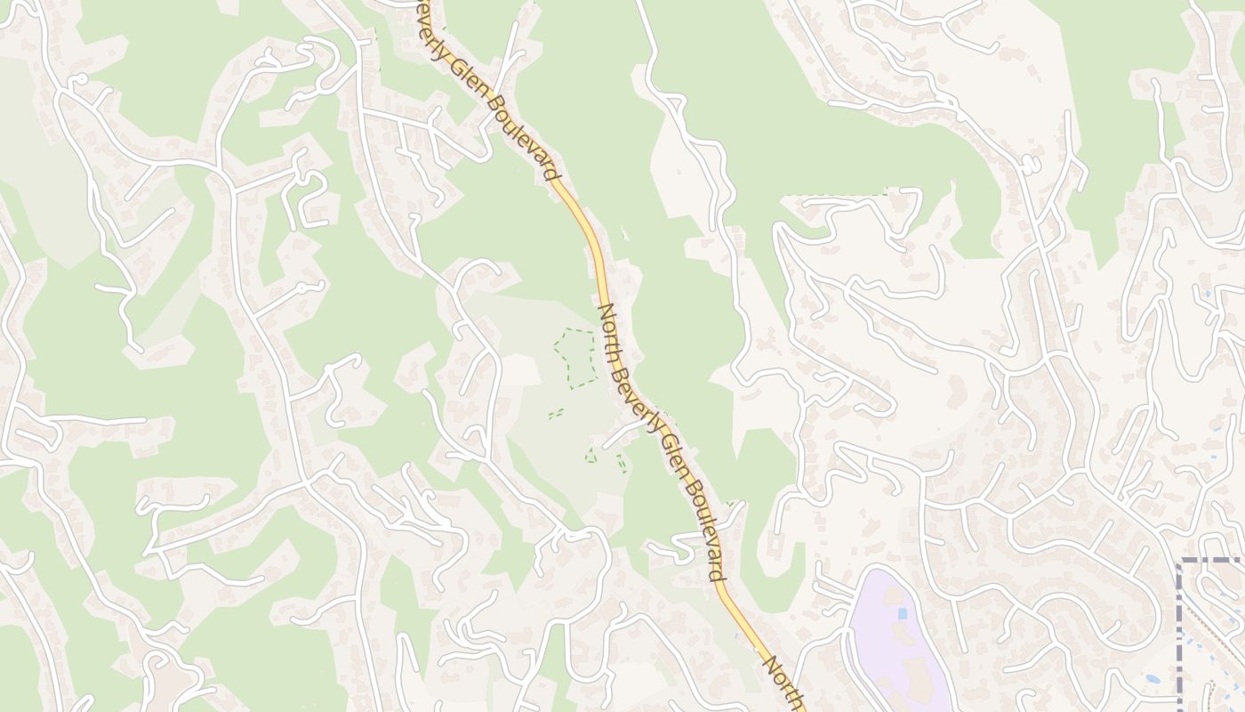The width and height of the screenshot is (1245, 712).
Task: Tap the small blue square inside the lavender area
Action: [x=903, y=613]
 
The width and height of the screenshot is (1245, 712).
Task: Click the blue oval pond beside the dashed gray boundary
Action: [x=1153, y=679]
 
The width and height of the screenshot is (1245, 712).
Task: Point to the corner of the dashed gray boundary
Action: [x=1180, y=562]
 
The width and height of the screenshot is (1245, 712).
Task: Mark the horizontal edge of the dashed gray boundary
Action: [x=1214, y=561]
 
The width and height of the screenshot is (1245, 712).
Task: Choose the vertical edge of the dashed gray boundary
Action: [x=1180, y=641]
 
